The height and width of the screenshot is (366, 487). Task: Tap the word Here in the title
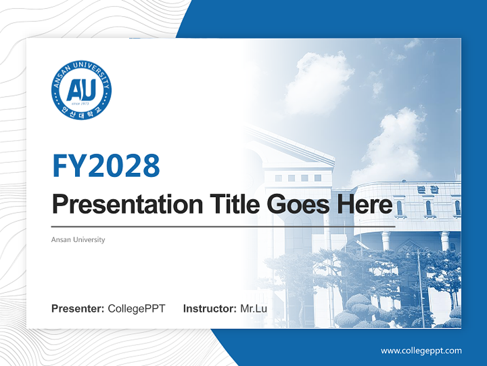(364, 205)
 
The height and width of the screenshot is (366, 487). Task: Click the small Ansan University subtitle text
(78, 239)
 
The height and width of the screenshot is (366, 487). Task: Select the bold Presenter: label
(78, 309)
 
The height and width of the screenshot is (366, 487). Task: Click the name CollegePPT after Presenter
(136, 309)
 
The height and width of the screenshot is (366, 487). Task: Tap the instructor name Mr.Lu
(254, 309)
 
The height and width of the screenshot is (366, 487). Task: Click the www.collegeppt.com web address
(421, 351)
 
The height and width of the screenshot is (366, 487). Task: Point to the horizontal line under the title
(223, 226)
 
